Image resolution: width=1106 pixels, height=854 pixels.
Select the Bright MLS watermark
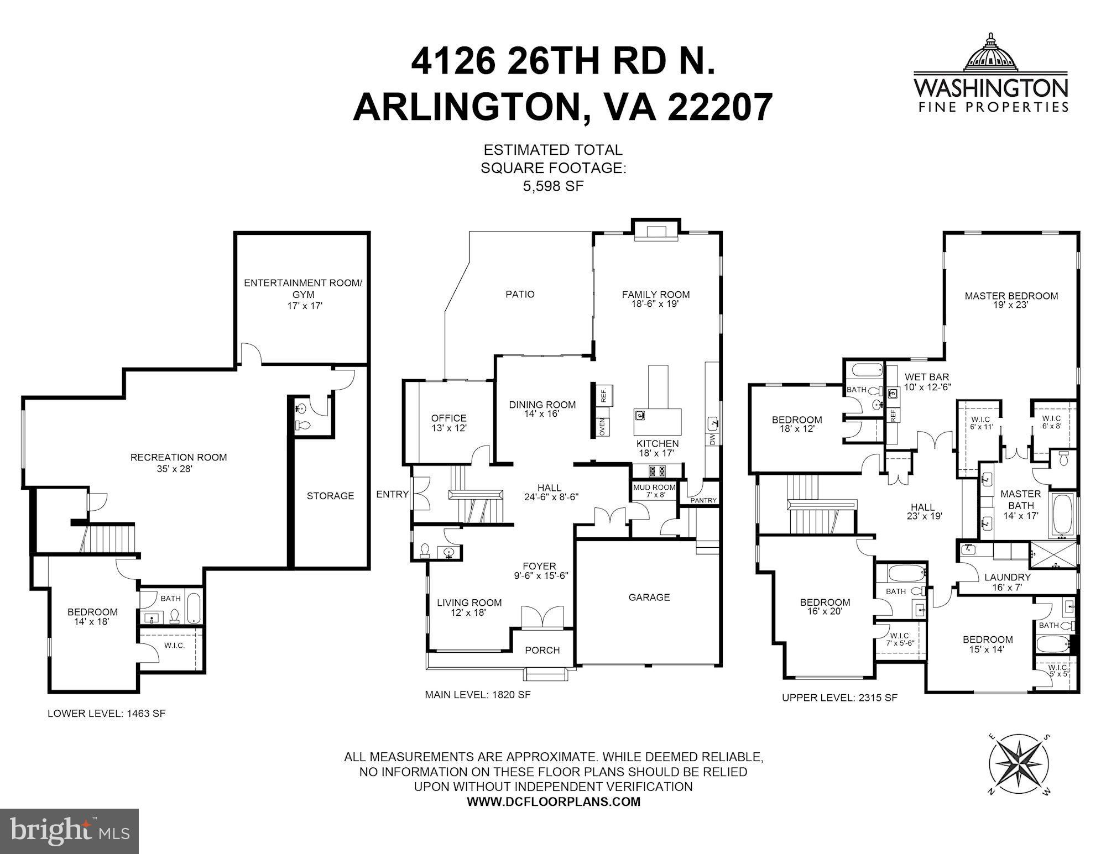click(69, 831)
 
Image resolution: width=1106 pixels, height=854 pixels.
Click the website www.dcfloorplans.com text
click(553, 801)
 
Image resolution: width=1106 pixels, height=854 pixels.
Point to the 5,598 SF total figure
click(553, 186)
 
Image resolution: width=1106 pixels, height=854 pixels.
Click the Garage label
click(649, 597)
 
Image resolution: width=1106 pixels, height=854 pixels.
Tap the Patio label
click(520, 294)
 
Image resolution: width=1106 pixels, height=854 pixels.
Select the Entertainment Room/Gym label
click(303, 294)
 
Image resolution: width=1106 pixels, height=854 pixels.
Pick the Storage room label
click(330, 496)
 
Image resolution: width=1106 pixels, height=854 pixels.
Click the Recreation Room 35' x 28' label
click(179, 463)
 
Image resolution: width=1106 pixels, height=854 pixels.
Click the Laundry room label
click(1008, 581)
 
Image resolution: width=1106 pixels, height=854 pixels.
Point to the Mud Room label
click(654, 490)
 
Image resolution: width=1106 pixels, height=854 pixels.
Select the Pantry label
click(703, 500)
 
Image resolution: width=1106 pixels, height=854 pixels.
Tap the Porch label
click(542, 650)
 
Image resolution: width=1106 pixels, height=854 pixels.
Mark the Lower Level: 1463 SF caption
click(106, 713)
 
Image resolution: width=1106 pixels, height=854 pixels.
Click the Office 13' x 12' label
click(448, 423)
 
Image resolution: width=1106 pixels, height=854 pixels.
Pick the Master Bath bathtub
click(1062, 514)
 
